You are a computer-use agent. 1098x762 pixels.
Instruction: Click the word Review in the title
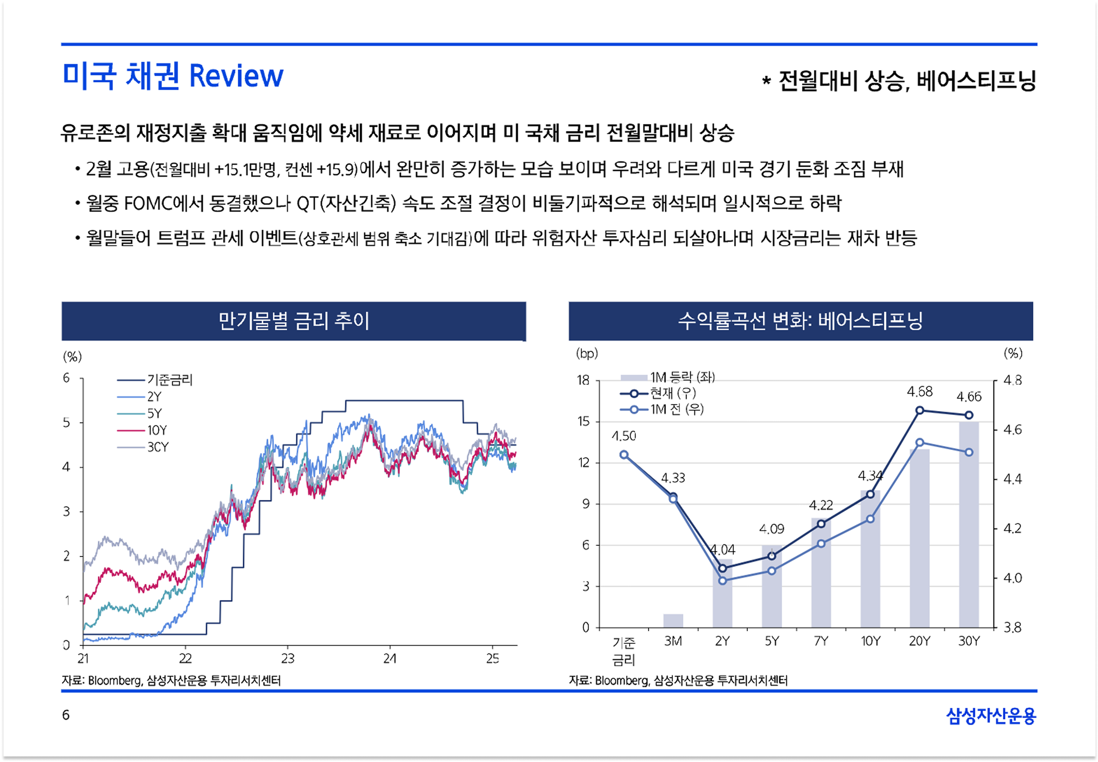tap(236, 76)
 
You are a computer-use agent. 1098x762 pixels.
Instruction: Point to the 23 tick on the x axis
tap(287, 659)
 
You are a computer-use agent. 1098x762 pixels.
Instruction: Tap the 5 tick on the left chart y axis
tap(67, 422)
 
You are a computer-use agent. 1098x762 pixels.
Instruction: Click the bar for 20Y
tap(919, 538)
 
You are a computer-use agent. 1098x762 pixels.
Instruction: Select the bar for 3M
tap(673, 620)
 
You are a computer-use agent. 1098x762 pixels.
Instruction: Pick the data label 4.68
tap(919, 392)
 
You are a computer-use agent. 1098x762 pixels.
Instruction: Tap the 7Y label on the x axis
tap(821, 641)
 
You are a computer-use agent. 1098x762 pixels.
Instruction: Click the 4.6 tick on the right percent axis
tap(1012, 430)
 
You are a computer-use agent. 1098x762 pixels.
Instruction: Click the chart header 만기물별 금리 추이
tap(294, 321)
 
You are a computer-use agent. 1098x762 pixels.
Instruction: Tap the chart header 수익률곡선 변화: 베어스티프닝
tap(800, 321)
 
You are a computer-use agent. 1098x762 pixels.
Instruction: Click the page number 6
tap(66, 715)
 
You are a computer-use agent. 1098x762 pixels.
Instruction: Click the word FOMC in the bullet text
tap(148, 203)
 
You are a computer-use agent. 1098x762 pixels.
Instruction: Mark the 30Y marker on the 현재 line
tap(968, 415)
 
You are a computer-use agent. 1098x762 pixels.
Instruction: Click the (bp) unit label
tap(587, 353)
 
